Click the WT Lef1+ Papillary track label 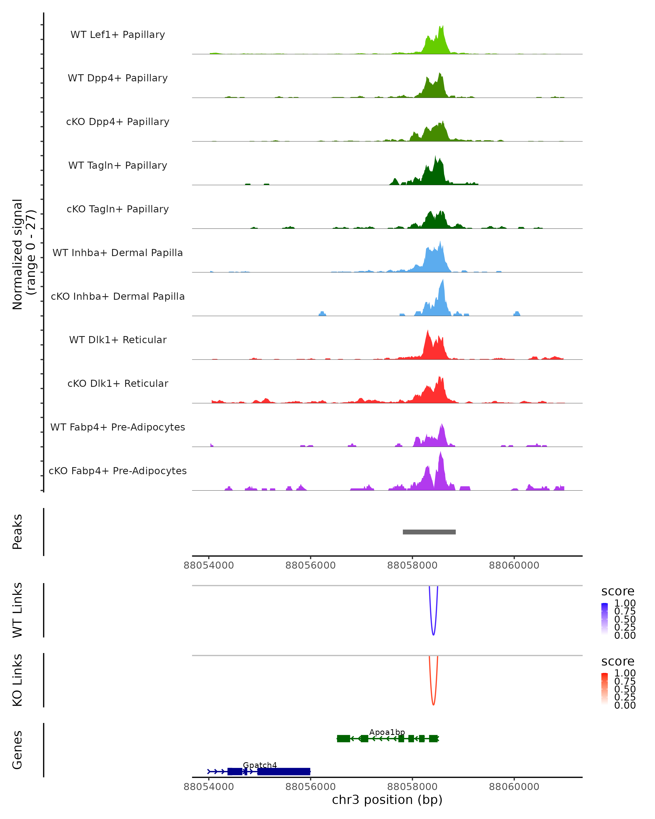[x=118, y=35]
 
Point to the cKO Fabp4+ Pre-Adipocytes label [x=118, y=471]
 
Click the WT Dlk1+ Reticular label [x=118, y=340]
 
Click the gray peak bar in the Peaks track [x=429, y=532]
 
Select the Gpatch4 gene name [x=260, y=765]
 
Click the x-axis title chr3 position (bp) [x=387, y=800]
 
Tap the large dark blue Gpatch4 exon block [x=284, y=771]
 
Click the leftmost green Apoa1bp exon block [x=343, y=738]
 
